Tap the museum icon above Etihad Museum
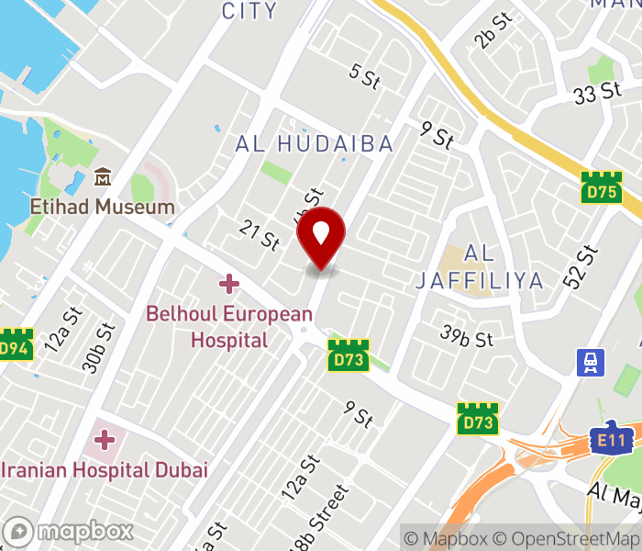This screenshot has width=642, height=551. coord(103,177)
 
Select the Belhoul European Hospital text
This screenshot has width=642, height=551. coord(229,327)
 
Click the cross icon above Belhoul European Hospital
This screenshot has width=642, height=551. coord(229,285)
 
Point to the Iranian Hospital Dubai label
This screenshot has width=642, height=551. coord(104,469)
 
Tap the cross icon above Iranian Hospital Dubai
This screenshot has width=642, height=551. coord(105,439)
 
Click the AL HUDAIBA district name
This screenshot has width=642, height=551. coord(315,143)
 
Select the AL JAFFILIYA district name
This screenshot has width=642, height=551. coord(479,266)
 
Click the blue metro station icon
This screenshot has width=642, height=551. coord(589,363)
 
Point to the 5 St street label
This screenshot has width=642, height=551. coord(364,78)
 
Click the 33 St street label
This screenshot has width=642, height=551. coord(597,93)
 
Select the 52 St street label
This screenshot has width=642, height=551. coord(581,267)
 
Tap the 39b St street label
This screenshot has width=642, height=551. coord(466,337)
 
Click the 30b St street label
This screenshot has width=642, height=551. coord(98,347)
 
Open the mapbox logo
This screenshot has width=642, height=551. coord(69,531)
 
